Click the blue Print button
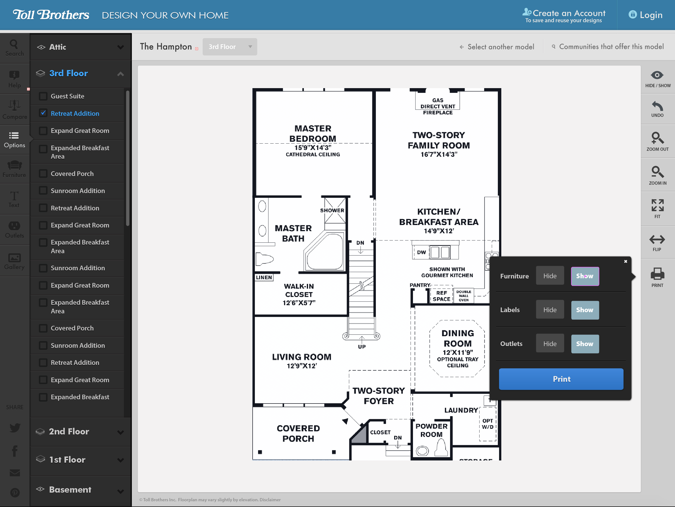[x=561, y=379]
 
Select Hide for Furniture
[x=550, y=276]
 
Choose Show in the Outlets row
[x=584, y=344]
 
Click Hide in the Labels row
[x=550, y=310]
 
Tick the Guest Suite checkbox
[x=43, y=96]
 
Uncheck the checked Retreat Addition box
[x=43, y=113]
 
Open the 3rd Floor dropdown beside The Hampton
[x=229, y=47]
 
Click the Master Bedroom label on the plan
[x=313, y=134]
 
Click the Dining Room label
[x=458, y=338]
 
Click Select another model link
[x=501, y=47]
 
